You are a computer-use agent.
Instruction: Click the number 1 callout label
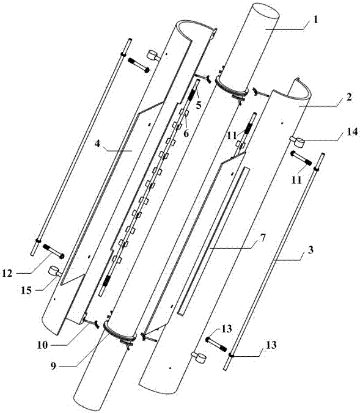(x=316, y=20)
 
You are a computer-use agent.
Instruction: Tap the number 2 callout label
(x=348, y=97)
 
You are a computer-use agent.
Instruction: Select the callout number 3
(x=310, y=250)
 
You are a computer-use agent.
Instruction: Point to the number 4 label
(x=98, y=144)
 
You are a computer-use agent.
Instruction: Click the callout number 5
(x=199, y=105)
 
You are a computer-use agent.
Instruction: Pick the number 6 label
(x=186, y=133)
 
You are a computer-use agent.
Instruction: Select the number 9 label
(x=54, y=366)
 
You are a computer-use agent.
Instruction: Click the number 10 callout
(x=42, y=345)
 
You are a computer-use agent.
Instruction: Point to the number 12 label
(x=7, y=273)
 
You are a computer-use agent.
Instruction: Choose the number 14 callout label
(x=351, y=131)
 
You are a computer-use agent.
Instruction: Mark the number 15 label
(x=27, y=290)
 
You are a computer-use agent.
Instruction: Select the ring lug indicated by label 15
(x=55, y=271)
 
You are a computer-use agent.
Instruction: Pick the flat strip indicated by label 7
(x=213, y=241)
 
